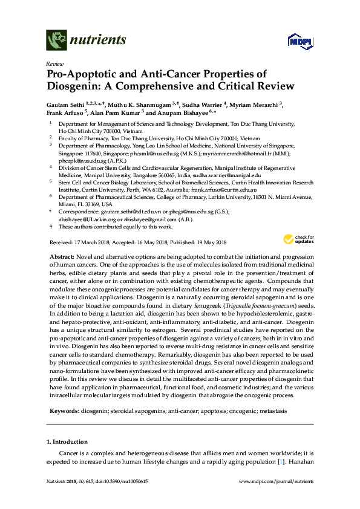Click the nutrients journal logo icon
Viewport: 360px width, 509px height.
pyautogui.click(x=56, y=40)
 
